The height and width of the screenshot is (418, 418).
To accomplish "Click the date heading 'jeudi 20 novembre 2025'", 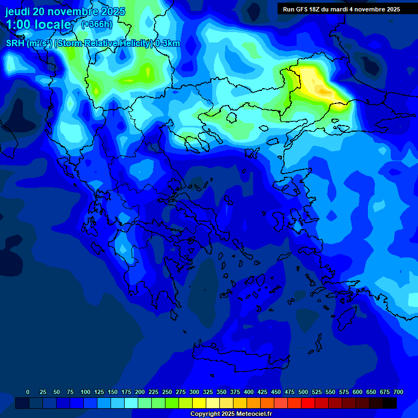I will point(65,11).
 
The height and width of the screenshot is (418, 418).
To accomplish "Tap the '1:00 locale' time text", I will point(39,24).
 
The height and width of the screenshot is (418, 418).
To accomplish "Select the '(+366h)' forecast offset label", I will point(96,24).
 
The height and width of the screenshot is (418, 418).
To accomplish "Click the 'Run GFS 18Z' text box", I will point(341,9).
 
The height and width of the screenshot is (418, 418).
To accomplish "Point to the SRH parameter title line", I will point(93,44).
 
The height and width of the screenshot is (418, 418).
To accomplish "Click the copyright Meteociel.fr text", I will point(231,414).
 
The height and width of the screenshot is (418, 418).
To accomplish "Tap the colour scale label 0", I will point(28,392).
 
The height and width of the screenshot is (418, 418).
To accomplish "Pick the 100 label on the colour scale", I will point(85,392).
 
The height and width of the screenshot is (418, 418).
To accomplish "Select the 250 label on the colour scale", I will point(167,392).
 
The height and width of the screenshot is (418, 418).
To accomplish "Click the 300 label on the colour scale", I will point(194,392).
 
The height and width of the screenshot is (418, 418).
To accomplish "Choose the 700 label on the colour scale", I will point(398,392).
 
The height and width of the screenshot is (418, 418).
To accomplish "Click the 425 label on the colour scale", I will point(262,392).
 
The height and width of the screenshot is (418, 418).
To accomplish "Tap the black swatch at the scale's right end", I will point(390,403).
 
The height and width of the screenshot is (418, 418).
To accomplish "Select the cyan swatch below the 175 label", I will point(131,403).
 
